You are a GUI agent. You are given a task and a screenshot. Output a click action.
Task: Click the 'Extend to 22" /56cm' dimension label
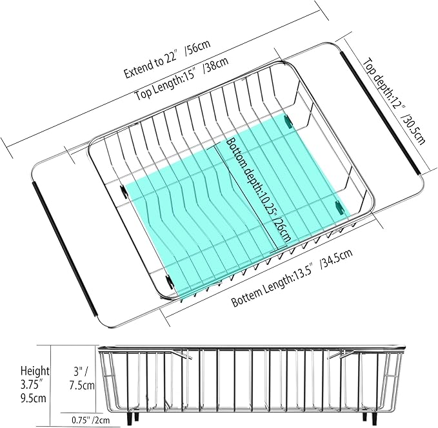coord(167,60)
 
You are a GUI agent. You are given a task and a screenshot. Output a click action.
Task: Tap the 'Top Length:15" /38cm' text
coord(181,79)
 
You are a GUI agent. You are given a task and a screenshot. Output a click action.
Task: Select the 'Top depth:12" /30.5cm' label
coord(394,101)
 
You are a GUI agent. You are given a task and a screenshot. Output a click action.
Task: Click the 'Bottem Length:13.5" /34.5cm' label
coord(292,278)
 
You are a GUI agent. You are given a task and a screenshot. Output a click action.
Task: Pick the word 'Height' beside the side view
coord(35,371)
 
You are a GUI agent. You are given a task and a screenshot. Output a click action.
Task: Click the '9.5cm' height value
coord(34,398)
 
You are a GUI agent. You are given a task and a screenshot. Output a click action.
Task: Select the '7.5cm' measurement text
coord(81,385)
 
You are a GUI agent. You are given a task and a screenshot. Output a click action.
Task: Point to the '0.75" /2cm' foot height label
coord(91,420)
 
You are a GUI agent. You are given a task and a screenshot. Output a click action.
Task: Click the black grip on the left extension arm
coord(66,249)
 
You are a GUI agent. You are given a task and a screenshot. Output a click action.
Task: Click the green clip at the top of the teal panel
coord(288,121)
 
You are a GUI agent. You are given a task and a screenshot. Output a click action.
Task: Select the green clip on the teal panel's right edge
coord(339,208)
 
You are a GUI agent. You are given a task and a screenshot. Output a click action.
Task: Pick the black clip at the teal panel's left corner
coord(123,191)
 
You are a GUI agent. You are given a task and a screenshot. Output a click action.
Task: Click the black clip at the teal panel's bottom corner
coord(169,281)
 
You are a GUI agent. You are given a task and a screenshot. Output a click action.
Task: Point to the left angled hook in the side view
coord(182,355)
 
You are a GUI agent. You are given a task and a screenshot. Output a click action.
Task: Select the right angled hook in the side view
coord(339,355)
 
